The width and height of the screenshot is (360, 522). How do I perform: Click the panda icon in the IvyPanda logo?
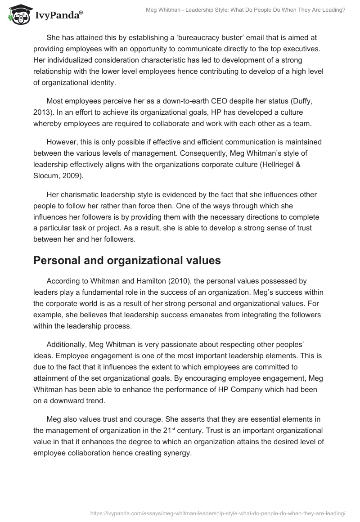point(18,15)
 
